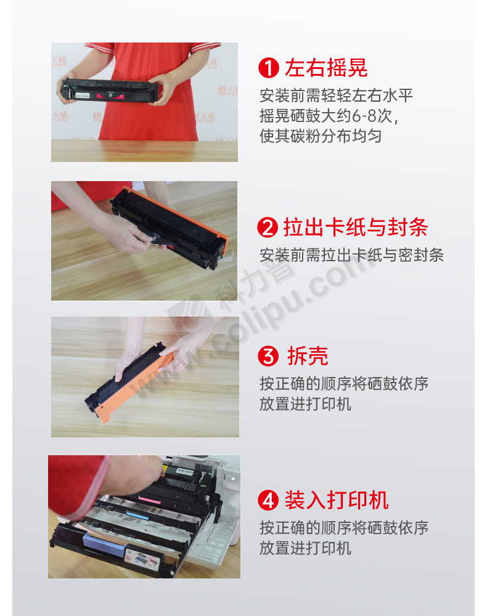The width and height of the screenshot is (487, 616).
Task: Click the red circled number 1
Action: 268,68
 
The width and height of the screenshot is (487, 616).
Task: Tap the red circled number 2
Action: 268,227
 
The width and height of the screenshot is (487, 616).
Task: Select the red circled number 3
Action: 268,356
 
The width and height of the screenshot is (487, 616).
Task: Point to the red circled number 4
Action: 268,500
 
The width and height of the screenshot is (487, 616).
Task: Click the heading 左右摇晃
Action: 326,68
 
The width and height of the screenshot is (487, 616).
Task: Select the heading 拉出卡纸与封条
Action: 356,227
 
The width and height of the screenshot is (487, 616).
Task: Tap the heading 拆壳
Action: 308,356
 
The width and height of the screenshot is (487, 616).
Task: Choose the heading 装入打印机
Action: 337,500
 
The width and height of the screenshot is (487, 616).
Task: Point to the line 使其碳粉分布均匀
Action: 321,136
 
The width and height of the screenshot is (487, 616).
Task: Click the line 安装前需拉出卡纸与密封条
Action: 351,255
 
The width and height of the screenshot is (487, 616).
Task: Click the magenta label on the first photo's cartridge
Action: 110,95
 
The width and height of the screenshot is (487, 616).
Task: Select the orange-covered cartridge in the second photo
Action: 169,226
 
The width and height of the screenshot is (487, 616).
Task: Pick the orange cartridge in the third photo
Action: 129,383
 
